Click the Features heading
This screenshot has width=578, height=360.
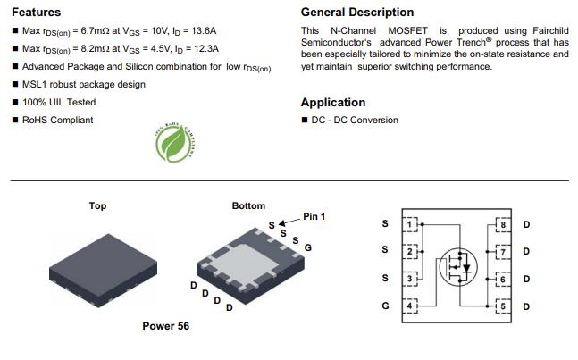[x=36, y=13]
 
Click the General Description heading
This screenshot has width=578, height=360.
[x=357, y=13]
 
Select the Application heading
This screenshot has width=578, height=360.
[x=333, y=103]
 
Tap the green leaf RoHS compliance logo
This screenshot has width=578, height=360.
[x=175, y=143]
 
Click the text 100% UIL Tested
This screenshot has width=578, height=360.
[x=59, y=102]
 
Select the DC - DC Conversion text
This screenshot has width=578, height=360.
[x=355, y=120]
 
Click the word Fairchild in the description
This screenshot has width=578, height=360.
[x=550, y=30]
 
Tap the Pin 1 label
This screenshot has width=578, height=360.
[x=314, y=217]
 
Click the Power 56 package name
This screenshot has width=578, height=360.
[x=166, y=326]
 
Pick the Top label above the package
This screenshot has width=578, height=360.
[x=97, y=206]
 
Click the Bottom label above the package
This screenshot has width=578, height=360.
[x=248, y=205]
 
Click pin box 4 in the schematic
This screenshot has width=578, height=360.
[x=410, y=306]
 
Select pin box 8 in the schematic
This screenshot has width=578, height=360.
[x=503, y=224]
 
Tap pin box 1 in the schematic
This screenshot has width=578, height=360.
[x=410, y=224]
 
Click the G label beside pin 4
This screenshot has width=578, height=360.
[x=385, y=306]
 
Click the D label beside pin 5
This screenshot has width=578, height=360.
[x=526, y=306]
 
